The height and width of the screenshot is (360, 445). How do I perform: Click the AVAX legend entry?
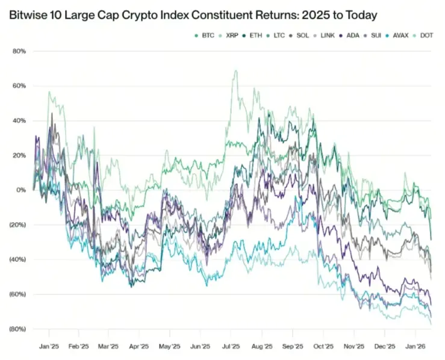[400, 36]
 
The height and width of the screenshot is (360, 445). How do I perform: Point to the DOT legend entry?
[426, 36]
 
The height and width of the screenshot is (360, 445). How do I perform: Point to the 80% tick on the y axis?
[19, 52]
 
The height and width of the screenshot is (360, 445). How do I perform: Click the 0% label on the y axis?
[21, 190]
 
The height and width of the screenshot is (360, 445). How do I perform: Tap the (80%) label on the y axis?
[17, 329]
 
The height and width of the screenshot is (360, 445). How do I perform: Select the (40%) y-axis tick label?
[17, 259]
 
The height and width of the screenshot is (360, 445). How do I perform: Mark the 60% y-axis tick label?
[19, 86]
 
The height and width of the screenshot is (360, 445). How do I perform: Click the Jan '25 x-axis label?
[49, 347]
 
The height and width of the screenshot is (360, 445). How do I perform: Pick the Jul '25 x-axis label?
[231, 347]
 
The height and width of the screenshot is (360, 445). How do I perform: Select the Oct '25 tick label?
[323, 347]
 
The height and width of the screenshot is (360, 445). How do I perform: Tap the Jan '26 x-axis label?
[415, 347]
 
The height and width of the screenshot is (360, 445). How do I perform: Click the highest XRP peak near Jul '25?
[235, 70]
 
